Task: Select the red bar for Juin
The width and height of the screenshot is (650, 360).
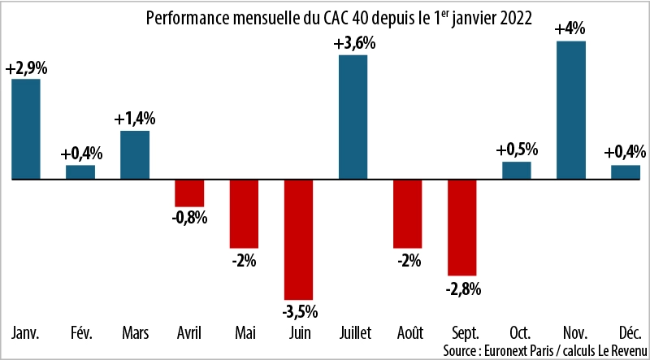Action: [298, 239]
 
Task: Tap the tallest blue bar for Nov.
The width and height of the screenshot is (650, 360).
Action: [570, 109]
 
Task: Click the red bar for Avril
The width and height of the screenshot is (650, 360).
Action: [189, 193]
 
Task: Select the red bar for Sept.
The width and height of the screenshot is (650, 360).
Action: [461, 227]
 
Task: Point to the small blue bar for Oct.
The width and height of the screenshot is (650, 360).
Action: [516, 170]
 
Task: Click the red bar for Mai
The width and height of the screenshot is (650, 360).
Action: [244, 213]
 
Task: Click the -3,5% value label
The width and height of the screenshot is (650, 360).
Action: [298, 311]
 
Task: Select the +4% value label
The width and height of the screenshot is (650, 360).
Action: [570, 28]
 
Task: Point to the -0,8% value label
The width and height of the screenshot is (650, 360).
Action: [190, 218]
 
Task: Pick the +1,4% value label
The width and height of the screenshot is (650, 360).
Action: [135, 119]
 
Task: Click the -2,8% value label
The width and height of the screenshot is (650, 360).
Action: [462, 288]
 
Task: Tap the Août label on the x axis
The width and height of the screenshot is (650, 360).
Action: [407, 333]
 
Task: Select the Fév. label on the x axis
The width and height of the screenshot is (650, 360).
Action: [80, 333]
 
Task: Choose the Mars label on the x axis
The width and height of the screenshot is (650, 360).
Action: [135, 333]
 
